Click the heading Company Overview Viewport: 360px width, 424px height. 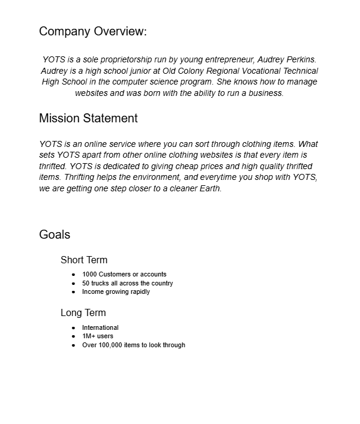coord(92,32)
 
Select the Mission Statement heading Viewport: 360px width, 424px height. coord(88,118)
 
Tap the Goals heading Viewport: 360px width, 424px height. coord(55,234)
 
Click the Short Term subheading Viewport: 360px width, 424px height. coord(84,260)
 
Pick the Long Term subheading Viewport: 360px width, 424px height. coord(83,312)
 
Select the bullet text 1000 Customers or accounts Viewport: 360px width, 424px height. coord(124,274)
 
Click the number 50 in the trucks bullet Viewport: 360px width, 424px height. coord(86,283)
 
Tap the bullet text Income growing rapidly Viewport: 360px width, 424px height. coord(116,291)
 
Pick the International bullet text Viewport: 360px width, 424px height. coord(100,327)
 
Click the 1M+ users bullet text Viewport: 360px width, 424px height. coord(97,336)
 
